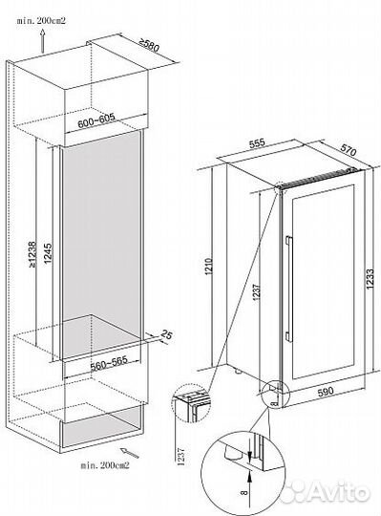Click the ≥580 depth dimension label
pyautogui.click(x=149, y=45)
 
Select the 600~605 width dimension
pyautogui.click(x=96, y=120)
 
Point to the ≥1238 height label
pyautogui.click(x=32, y=254)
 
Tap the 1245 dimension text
pyautogui.click(x=48, y=253)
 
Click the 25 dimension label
pyautogui.click(x=166, y=335)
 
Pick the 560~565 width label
pyautogui.click(x=109, y=363)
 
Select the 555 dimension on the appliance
pyautogui.click(x=257, y=143)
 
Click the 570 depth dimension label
pyautogui.click(x=349, y=150)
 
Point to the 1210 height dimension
pyautogui.click(x=210, y=267)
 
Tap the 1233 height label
pyautogui.click(x=370, y=279)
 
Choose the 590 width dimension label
pyautogui.click(x=327, y=391)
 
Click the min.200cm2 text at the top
pyautogui.click(x=41, y=20)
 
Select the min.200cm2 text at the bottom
pyautogui.click(x=105, y=465)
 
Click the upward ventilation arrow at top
pyautogui.click(x=42, y=41)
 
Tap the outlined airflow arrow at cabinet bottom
pyautogui.click(x=129, y=453)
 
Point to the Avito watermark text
pyautogui.click(x=339, y=492)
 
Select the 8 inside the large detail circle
pyautogui.click(x=243, y=492)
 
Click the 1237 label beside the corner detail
pyautogui.click(x=180, y=457)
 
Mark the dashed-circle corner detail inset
pyautogui.click(x=190, y=403)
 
